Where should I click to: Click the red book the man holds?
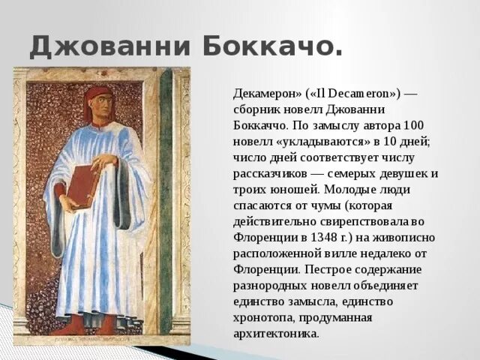click(x=82, y=184)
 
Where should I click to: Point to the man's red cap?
click(x=97, y=94)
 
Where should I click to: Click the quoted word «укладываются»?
click(x=311, y=141)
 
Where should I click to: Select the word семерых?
click(x=368, y=173)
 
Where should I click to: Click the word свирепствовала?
click(x=355, y=221)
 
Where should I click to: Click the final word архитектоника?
click(x=277, y=333)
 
